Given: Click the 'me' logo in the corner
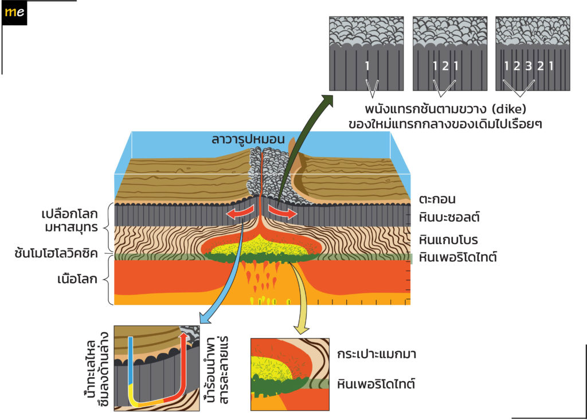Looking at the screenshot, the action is tap(14, 13).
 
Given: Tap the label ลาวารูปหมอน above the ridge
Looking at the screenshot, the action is tap(248, 139).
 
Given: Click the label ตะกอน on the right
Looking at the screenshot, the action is tap(437, 199).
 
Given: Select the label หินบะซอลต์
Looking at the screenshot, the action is tap(449, 217).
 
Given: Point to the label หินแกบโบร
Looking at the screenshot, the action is tap(448, 240).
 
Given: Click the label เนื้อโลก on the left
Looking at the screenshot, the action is tap(77, 279).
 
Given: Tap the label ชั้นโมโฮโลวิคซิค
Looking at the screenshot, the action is tap(56, 253).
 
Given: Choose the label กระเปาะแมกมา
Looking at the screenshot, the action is tap(376, 354).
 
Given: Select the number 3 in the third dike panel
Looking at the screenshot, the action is tap(528, 66).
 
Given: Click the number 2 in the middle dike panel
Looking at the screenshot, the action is tap(445, 66).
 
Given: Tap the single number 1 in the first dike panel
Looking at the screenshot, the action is tap(367, 66).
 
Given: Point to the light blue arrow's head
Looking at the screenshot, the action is tap(205, 318).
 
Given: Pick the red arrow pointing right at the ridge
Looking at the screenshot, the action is tap(283, 213).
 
